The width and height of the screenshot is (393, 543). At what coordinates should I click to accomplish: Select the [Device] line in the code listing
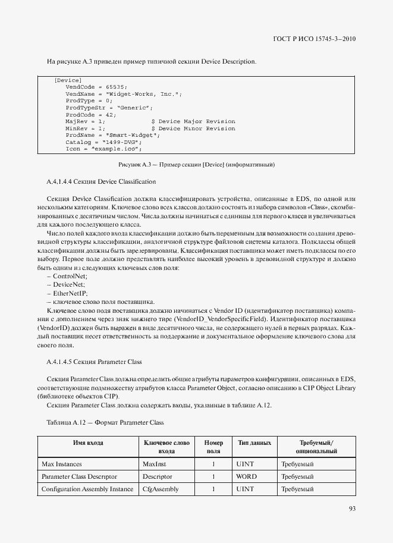pos(68,80)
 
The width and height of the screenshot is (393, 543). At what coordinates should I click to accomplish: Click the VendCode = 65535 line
pos(96,87)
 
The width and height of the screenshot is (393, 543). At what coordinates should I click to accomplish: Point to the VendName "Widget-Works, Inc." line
pos(124,94)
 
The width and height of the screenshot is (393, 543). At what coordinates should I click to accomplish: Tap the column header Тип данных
pos(254,443)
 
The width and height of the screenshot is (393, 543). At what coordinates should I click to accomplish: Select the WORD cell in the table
pos(246,476)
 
